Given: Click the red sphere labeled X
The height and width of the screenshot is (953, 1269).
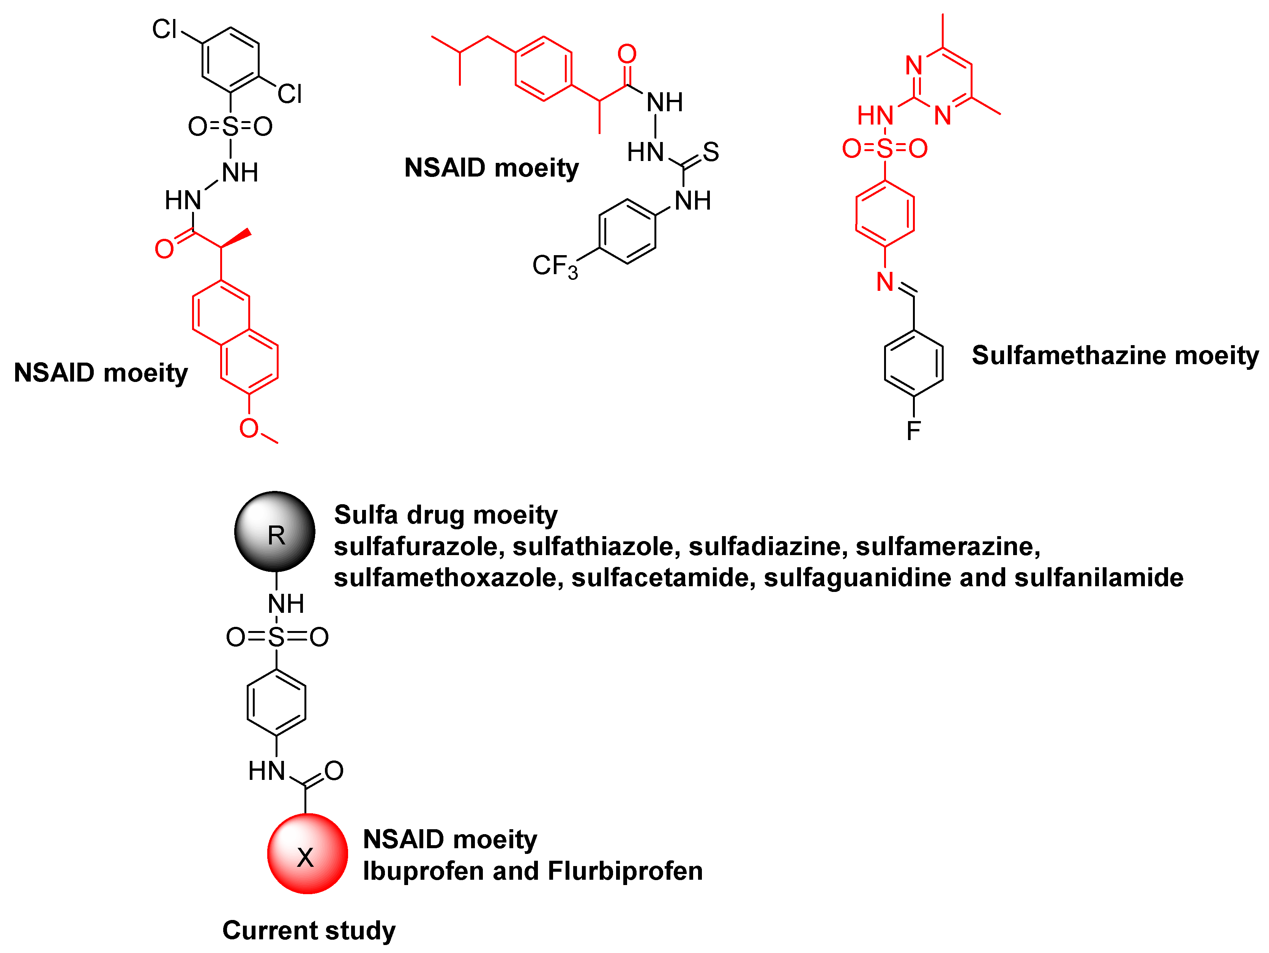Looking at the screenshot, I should point(307,854).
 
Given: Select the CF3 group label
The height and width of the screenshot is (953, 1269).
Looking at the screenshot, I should point(554,266).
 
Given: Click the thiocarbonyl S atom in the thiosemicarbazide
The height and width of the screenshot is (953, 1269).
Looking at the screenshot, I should point(710,152).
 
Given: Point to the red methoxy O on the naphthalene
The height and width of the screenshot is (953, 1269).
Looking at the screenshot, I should point(248,428).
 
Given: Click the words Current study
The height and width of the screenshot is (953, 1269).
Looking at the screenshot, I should point(309,930).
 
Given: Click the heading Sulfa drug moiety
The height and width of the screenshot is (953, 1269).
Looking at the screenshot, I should point(445,514).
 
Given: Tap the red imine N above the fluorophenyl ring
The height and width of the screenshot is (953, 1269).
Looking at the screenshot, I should point(885,282).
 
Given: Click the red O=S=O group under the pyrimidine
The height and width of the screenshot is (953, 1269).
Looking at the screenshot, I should point(884,148).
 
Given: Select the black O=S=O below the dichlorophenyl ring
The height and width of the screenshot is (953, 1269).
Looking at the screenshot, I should point(230,126).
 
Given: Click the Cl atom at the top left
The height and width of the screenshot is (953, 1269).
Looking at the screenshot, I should point(165,29).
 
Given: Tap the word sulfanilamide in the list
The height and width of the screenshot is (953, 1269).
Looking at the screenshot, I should point(1098,578).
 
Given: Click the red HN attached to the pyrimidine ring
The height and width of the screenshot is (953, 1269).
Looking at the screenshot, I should point(875,115).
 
